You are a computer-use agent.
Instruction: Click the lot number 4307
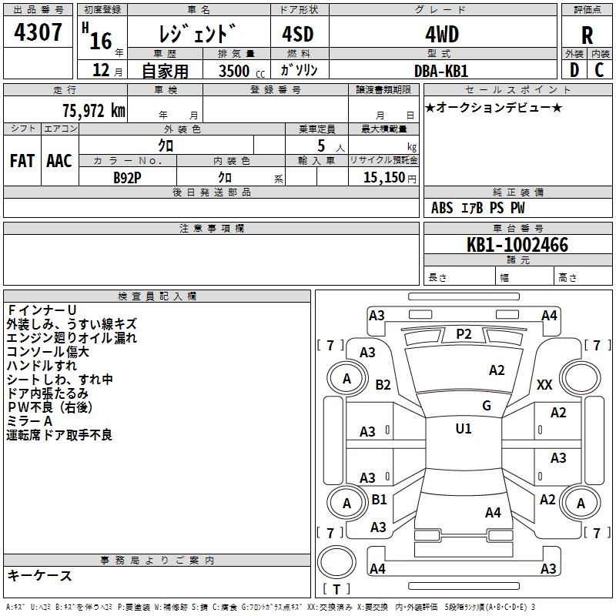click(38, 32)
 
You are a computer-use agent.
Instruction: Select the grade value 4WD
click(442, 35)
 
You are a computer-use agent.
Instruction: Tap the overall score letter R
click(587, 35)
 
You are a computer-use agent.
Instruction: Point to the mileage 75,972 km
click(94, 111)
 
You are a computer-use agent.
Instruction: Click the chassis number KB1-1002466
click(517, 245)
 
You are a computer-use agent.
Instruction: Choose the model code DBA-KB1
click(441, 71)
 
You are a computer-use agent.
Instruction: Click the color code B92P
click(127, 178)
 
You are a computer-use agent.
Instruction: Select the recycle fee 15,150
click(384, 178)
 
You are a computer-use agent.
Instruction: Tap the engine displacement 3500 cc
click(242, 71)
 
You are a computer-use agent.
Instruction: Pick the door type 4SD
click(298, 34)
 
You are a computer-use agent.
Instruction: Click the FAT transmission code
click(22, 161)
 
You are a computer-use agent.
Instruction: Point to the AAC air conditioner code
click(59, 161)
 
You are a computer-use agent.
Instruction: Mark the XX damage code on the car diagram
click(544, 384)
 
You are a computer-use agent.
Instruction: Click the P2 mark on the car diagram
click(464, 334)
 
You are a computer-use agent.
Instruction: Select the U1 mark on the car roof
click(464, 428)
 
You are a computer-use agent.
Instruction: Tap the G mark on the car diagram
click(487, 405)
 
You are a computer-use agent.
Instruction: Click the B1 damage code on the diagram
click(379, 499)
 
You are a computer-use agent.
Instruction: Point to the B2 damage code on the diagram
click(383, 384)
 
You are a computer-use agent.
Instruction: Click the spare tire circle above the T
click(336, 562)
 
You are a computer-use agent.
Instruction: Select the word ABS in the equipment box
click(442, 208)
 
